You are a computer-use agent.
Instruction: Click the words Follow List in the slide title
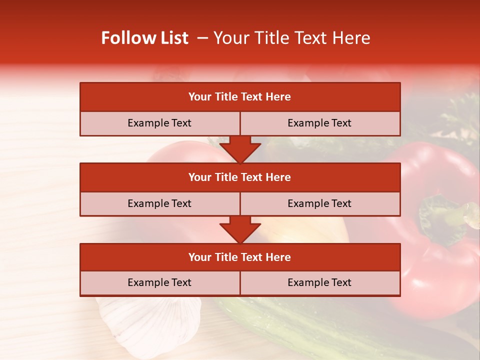(145, 38)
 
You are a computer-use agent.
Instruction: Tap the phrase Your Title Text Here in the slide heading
(292, 38)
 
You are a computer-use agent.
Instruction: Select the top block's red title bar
(240, 97)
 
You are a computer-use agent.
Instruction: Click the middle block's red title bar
(240, 177)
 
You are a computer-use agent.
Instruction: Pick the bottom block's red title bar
(240, 257)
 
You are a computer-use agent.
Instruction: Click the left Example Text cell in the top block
(159, 123)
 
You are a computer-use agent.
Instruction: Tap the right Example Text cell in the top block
(320, 123)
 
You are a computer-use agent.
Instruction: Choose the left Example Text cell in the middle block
(159, 203)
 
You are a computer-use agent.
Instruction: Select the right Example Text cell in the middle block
(320, 203)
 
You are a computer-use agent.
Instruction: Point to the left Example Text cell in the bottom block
(159, 282)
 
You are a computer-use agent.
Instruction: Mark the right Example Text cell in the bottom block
(320, 282)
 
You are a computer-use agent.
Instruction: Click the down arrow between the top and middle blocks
(240, 149)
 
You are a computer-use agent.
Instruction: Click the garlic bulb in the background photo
(150, 320)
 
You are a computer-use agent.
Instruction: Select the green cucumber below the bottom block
(300, 320)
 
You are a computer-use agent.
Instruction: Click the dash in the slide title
(203, 38)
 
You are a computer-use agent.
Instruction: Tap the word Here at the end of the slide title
(352, 38)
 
